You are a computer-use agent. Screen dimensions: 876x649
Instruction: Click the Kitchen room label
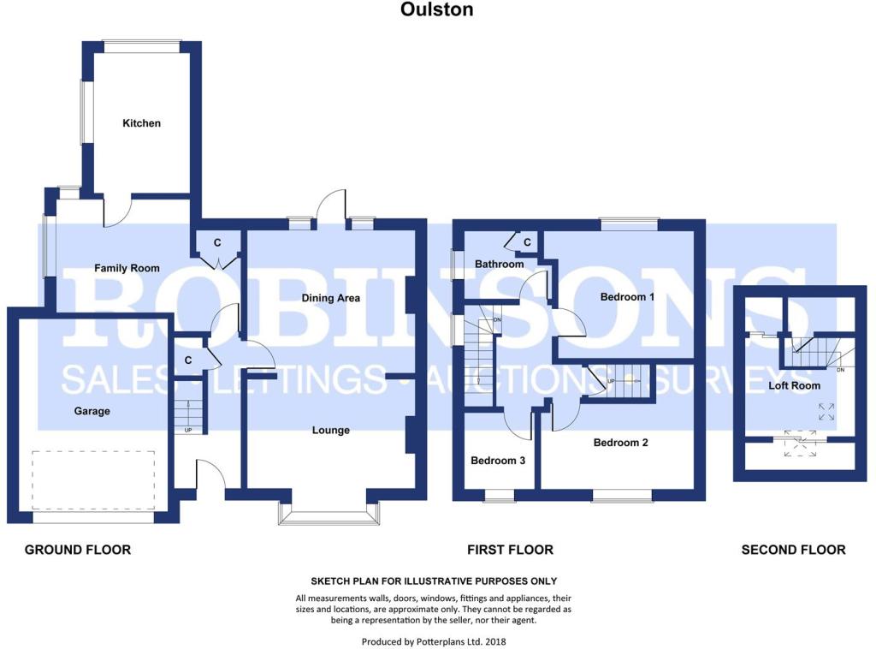pos(141,123)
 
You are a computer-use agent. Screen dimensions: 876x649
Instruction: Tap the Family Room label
pos(127,268)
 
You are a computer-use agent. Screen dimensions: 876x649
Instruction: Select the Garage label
pos(92,412)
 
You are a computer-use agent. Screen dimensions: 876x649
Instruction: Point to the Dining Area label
pos(331,298)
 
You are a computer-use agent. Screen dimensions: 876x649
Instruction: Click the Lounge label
pos(331,431)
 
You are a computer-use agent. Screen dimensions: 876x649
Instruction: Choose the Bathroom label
pos(500,264)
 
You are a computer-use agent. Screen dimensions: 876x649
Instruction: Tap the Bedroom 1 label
pos(627,297)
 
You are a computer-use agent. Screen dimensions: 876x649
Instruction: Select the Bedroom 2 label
pos(621,443)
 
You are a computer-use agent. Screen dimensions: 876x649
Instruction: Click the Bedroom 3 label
pos(498,461)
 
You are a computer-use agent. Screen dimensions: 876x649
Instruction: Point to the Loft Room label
pos(795,385)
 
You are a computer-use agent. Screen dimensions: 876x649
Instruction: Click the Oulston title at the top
pos(437,9)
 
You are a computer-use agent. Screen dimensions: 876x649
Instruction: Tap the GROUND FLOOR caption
pos(78,550)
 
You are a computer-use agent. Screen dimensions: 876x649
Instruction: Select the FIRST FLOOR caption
pos(510,550)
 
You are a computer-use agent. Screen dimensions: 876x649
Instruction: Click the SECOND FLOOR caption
pos(793,550)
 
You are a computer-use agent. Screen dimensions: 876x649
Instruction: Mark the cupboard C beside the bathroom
pos(527,242)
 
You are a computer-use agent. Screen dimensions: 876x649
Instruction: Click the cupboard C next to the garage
pos(188,360)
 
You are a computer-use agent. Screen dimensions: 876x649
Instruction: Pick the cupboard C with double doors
pos(217,242)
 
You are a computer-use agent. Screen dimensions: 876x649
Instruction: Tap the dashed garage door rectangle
pos(93,480)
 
